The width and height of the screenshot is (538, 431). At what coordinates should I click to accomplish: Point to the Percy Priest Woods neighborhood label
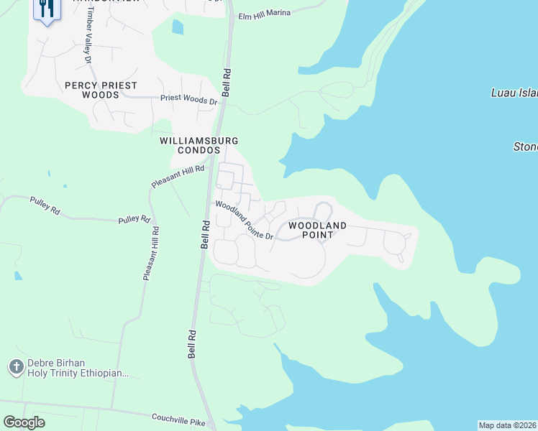coord(101,90)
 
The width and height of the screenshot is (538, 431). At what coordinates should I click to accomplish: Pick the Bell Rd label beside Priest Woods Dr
coord(226,83)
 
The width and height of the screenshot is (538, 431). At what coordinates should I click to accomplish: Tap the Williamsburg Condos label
coord(199,145)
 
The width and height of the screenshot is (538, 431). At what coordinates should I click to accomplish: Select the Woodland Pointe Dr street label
coord(245,221)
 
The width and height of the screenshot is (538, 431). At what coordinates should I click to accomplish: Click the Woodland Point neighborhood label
coord(317,230)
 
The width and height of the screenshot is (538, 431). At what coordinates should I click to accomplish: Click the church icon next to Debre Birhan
coord(16,368)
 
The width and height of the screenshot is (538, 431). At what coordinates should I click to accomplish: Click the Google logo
coord(24,422)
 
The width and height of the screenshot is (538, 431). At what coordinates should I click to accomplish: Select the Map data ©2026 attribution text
coord(507,425)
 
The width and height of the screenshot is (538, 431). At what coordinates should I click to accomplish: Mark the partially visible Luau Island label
coord(514,93)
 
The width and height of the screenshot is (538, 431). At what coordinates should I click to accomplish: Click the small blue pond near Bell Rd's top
coord(178,27)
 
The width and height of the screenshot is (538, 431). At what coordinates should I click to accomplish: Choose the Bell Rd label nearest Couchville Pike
coord(192,345)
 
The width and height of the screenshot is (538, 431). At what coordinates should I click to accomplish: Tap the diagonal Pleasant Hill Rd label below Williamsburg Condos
coord(178,175)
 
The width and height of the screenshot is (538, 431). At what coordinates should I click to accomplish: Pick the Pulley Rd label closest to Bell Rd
coord(134,218)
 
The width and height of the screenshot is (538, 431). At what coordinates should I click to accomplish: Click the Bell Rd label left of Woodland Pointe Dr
coord(205,234)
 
